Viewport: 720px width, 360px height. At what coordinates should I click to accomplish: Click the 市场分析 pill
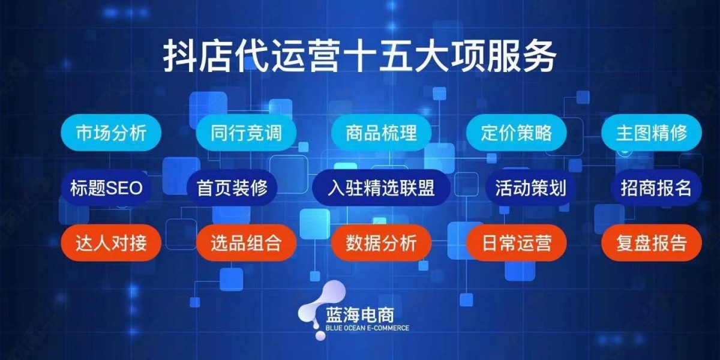[111, 133]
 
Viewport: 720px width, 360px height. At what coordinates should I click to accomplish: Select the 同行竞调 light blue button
[246, 133]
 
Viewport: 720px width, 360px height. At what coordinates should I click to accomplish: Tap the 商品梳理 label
[381, 133]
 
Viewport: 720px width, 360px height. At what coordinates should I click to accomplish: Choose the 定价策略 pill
[516, 133]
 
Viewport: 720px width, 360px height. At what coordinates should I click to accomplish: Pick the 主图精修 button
[652, 133]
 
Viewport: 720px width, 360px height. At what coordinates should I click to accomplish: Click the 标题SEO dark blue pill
[106, 188]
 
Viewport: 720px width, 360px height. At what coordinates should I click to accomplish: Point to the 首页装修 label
[232, 188]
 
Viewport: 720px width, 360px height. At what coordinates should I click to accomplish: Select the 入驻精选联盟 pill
[381, 188]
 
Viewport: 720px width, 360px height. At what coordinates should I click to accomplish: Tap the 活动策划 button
[530, 188]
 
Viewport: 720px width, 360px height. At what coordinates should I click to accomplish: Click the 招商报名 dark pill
[656, 188]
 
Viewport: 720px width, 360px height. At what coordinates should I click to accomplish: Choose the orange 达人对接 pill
[111, 242]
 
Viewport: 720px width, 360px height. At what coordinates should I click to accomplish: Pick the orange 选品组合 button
[246, 242]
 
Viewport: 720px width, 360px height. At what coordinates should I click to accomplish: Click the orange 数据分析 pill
[381, 242]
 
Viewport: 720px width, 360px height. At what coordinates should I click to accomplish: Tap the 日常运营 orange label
[516, 242]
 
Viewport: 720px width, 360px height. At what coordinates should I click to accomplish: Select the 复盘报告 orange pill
[652, 242]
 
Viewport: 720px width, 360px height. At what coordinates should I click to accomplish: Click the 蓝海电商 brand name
[359, 316]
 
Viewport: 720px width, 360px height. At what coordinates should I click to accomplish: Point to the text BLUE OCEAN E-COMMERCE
[367, 328]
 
